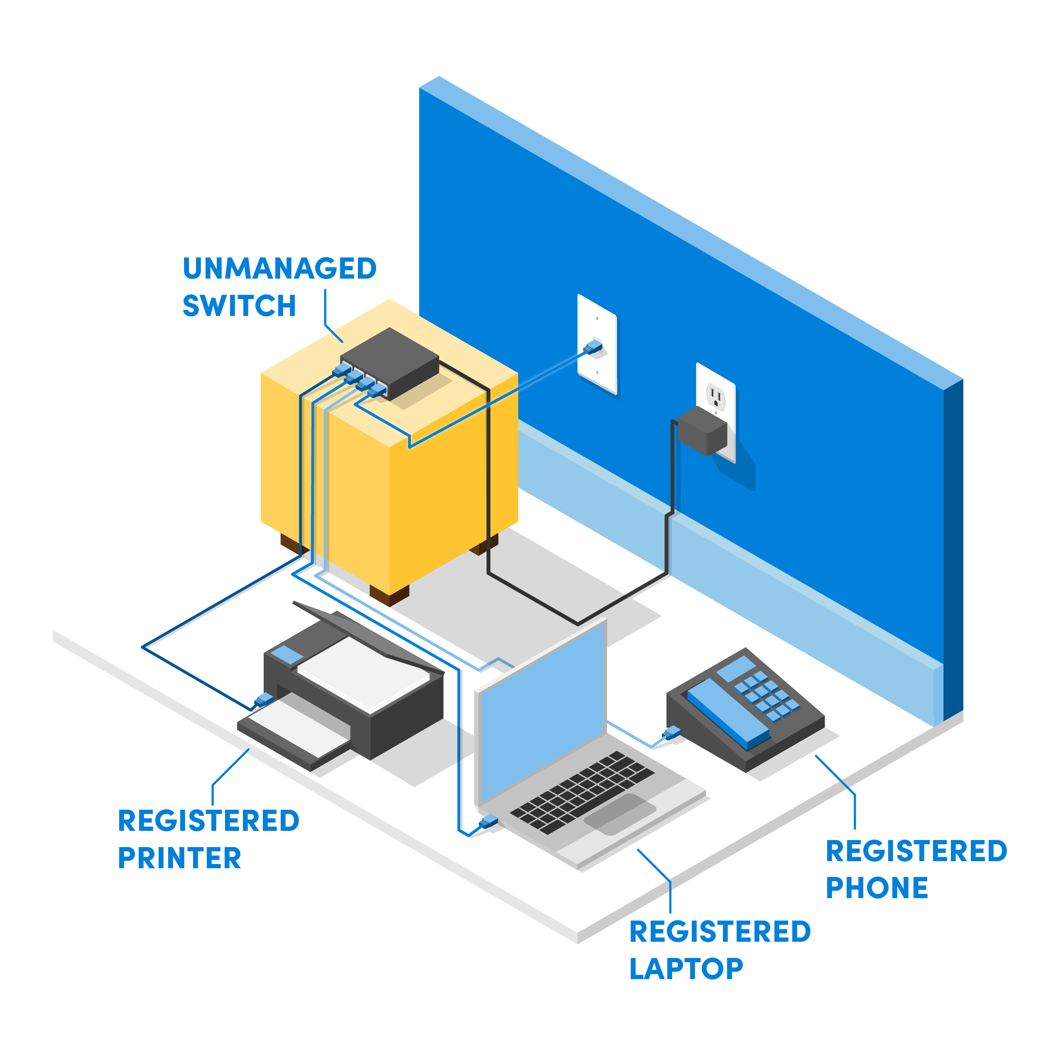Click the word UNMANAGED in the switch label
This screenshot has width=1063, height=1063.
[x=279, y=269]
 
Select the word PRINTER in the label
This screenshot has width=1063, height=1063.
[x=179, y=858]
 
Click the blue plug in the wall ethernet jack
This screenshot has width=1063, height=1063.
[x=593, y=347]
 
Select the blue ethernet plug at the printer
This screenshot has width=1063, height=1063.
[x=264, y=699]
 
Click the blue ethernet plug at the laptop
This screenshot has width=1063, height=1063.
[x=488, y=823]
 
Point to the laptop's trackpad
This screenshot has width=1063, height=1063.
[x=620, y=814]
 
